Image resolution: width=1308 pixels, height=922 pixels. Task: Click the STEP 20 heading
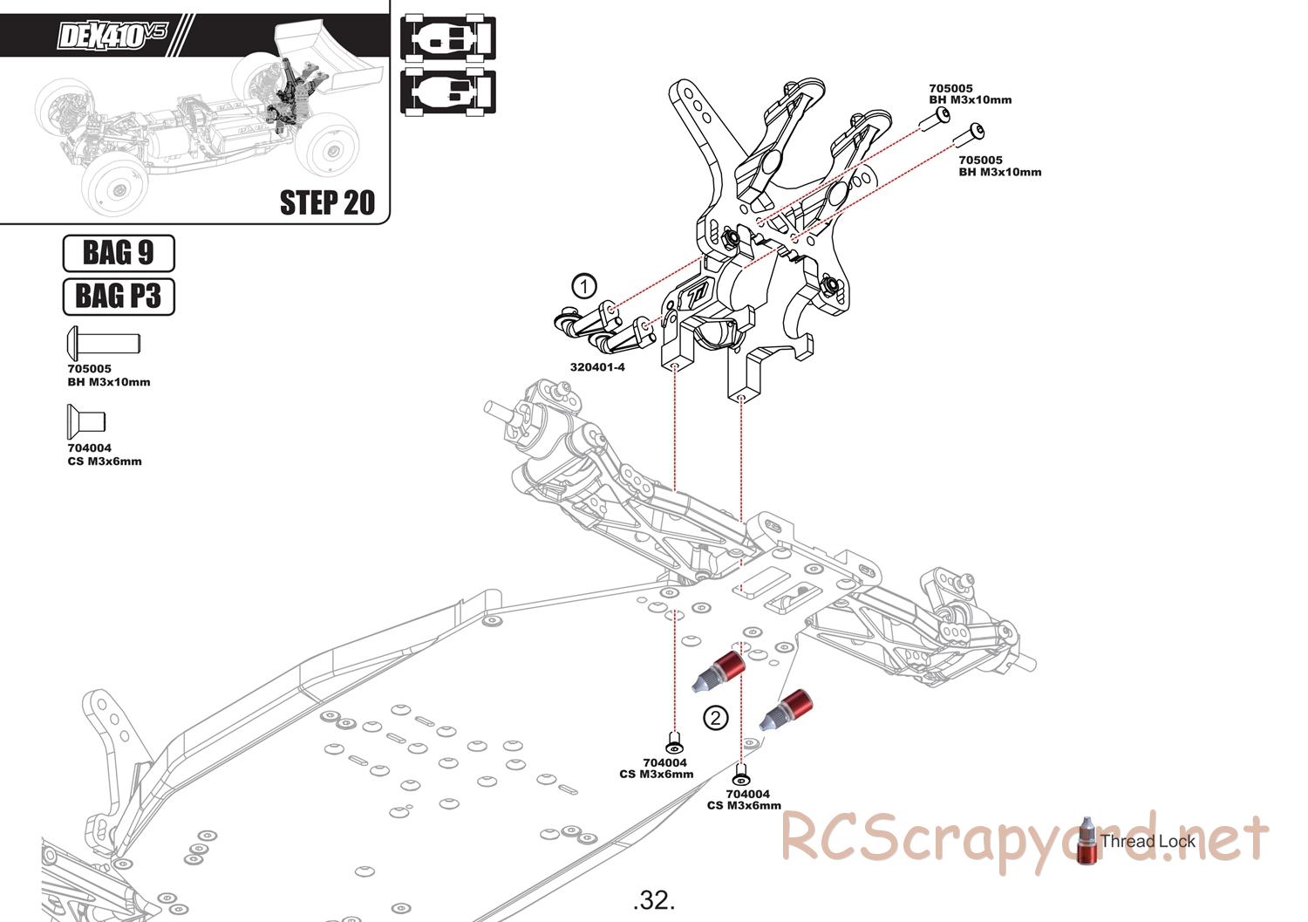click(x=327, y=202)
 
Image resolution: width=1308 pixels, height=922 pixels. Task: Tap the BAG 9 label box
click(x=119, y=253)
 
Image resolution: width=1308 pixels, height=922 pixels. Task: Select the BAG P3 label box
click(x=119, y=297)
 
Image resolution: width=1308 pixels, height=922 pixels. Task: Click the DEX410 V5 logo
click(x=111, y=36)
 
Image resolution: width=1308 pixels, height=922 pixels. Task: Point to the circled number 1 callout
click(x=583, y=285)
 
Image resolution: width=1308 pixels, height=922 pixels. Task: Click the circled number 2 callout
click(x=715, y=718)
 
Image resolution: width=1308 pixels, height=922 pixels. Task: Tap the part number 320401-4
click(x=597, y=367)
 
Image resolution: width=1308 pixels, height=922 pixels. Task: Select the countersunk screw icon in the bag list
click(x=85, y=421)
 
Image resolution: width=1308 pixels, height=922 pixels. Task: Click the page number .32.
click(x=654, y=899)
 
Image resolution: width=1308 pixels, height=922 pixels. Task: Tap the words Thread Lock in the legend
click(x=1148, y=842)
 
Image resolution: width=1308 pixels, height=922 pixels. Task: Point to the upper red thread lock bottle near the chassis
click(x=719, y=672)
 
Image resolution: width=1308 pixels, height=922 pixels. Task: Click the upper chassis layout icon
click(x=447, y=38)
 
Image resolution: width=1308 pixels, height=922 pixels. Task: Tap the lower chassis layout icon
click(x=447, y=91)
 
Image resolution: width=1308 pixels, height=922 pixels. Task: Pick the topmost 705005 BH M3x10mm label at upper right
click(x=970, y=94)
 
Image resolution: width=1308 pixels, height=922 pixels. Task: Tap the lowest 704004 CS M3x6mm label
click(x=744, y=800)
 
